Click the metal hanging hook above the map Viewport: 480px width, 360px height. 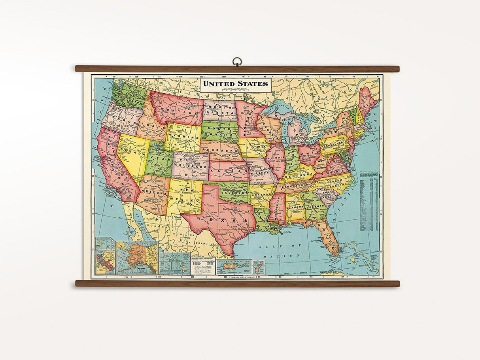pyautogui.click(x=237, y=62)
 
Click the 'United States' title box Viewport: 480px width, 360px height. pyautogui.click(x=236, y=84)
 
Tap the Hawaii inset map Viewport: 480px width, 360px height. pyautogui.click(x=174, y=263)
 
